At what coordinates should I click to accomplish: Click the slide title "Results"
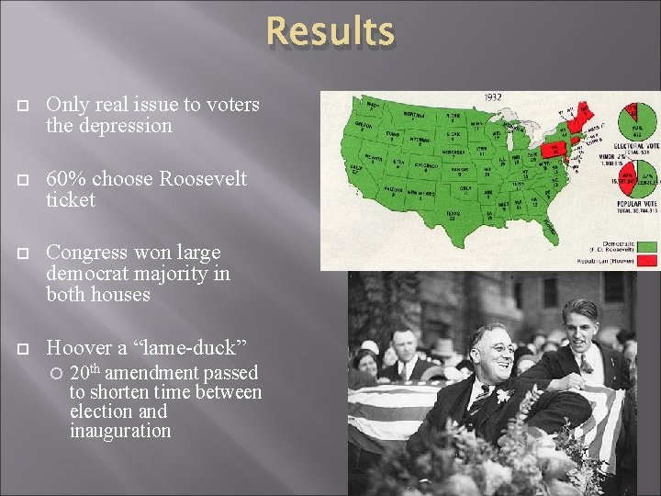point(330,32)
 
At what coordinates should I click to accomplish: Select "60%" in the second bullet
point(64,178)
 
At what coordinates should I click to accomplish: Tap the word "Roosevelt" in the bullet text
point(203,178)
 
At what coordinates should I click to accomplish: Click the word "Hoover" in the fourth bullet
point(80,347)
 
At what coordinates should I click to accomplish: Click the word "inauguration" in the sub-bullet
point(120,431)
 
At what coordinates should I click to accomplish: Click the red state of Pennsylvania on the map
point(555,148)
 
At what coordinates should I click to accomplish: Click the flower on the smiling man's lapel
point(502,397)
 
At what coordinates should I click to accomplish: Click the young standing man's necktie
point(584,365)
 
